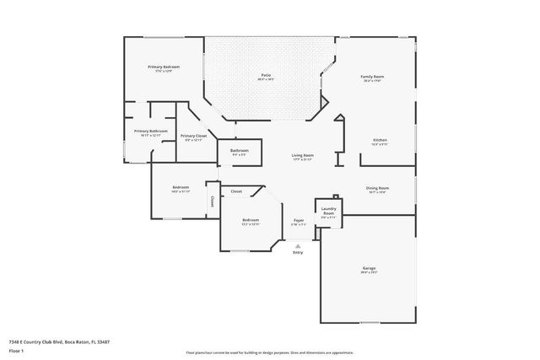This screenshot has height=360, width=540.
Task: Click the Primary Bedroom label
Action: (x=164, y=67)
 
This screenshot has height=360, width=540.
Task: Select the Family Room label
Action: (x=372, y=77)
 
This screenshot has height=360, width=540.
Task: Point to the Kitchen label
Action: (x=380, y=140)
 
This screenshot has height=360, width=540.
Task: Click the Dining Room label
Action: (x=377, y=188)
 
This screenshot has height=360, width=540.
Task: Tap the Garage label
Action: (x=369, y=268)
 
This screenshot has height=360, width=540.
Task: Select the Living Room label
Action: (x=303, y=155)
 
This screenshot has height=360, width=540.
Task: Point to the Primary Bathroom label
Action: (x=150, y=132)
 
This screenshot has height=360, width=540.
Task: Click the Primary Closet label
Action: (x=193, y=136)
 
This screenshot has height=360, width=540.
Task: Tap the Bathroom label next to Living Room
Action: (x=239, y=151)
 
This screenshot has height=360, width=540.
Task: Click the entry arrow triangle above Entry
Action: (x=296, y=245)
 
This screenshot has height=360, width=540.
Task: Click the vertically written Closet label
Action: (x=213, y=201)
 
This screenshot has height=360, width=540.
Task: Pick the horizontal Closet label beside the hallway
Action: (x=236, y=191)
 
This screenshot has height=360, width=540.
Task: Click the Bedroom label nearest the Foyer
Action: (x=251, y=220)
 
